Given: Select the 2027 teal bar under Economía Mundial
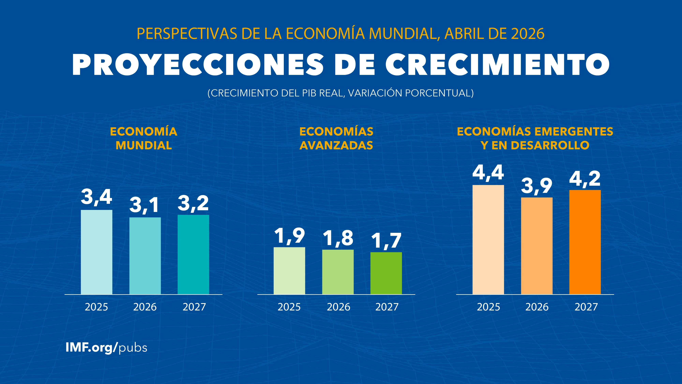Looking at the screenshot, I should [193, 254].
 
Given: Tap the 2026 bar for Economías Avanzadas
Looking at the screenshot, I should [338, 272].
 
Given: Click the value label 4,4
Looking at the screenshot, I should [488, 173].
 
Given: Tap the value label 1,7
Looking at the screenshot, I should [386, 241].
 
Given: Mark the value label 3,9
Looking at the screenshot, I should [537, 186].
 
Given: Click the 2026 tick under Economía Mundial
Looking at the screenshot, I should [145, 307].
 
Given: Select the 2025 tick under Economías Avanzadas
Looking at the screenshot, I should [289, 307].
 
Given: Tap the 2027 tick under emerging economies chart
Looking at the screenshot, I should [586, 307].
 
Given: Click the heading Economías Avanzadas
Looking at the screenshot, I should [336, 138].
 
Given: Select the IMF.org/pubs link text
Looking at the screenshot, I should [106, 347].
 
